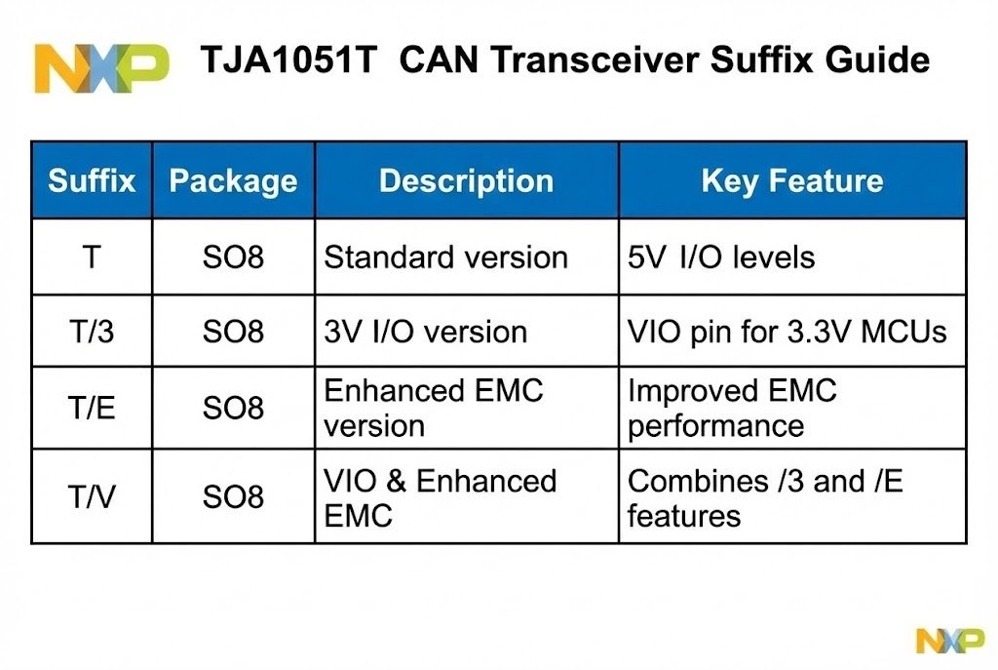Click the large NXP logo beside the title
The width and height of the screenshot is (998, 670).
pos(101,65)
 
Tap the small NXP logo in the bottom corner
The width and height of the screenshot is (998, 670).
pos(949,640)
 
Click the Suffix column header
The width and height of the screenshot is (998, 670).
pos(92,180)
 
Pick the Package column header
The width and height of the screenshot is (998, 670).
pos(233,180)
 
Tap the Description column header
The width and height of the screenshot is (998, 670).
pos(466,180)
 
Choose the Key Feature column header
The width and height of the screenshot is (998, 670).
pos(791,180)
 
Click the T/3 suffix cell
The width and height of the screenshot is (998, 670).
pos(92,332)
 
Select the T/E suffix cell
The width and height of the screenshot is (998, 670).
pos(92,408)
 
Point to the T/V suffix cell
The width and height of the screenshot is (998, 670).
pos(92,497)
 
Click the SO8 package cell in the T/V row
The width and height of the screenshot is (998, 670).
pos(233,497)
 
